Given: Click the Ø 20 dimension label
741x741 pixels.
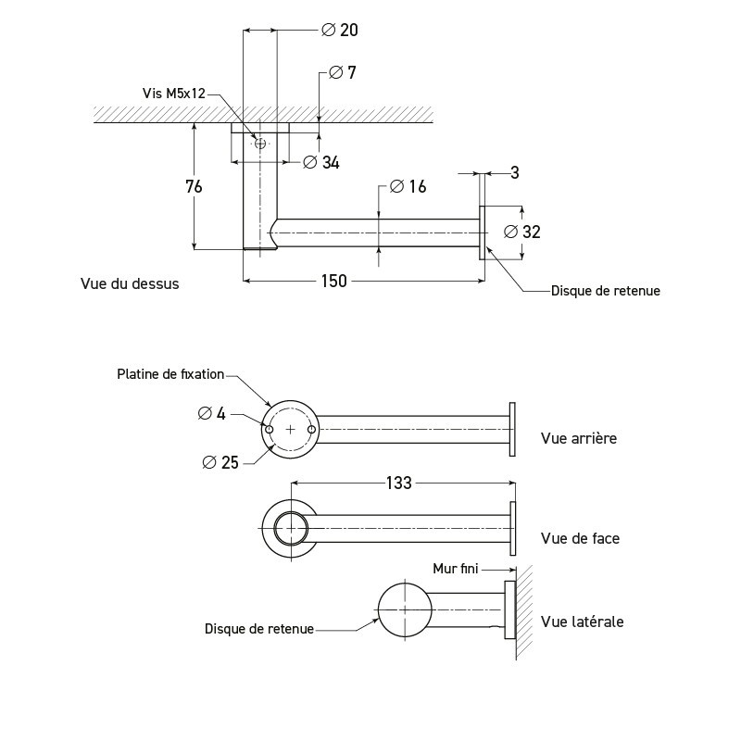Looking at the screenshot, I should pyautogui.click(x=339, y=31).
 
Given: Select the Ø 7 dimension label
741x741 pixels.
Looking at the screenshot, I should pyautogui.click(x=343, y=72).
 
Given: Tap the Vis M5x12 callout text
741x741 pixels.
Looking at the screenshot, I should pyautogui.click(x=173, y=94).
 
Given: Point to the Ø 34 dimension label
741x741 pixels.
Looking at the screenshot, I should pyautogui.click(x=321, y=163).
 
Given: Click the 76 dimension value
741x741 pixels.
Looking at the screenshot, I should pyautogui.click(x=194, y=186).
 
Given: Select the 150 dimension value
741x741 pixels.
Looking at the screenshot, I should pyautogui.click(x=333, y=281).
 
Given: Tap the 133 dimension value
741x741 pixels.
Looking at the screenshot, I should pyautogui.click(x=399, y=482).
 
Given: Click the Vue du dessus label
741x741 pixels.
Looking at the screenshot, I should pyautogui.click(x=130, y=283).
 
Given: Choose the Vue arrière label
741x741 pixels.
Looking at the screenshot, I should pyautogui.click(x=578, y=438).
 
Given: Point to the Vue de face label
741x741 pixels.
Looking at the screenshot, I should pyautogui.click(x=580, y=538).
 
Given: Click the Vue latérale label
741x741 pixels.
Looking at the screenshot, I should pyautogui.click(x=582, y=622).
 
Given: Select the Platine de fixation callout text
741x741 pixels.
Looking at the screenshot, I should pyautogui.click(x=170, y=374).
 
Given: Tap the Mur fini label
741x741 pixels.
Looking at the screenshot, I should pyautogui.click(x=455, y=569).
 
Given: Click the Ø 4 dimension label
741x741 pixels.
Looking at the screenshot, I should pyautogui.click(x=212, y=413).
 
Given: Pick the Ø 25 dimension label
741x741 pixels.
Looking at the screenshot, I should pyautogui.click(x=219, y=461).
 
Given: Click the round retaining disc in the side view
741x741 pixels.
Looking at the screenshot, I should pyautogui.click(x=406, y=610).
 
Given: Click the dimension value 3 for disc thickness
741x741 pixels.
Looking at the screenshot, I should pyautogui.click(x=514, y=172).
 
